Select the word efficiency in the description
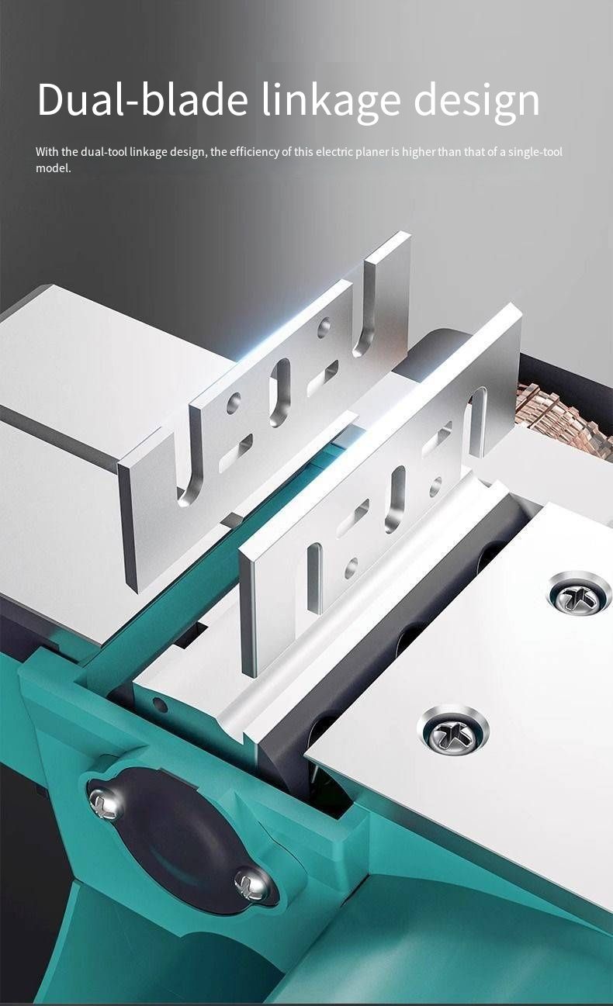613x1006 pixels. (x=255, y=152)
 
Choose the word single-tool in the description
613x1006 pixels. (x=535, y=152)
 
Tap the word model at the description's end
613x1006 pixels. (x=54, y=168)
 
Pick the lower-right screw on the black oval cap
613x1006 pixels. (x=251, y=883)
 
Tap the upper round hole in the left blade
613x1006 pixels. (x=324, y=327)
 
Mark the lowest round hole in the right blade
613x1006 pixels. (x=351, y=568)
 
